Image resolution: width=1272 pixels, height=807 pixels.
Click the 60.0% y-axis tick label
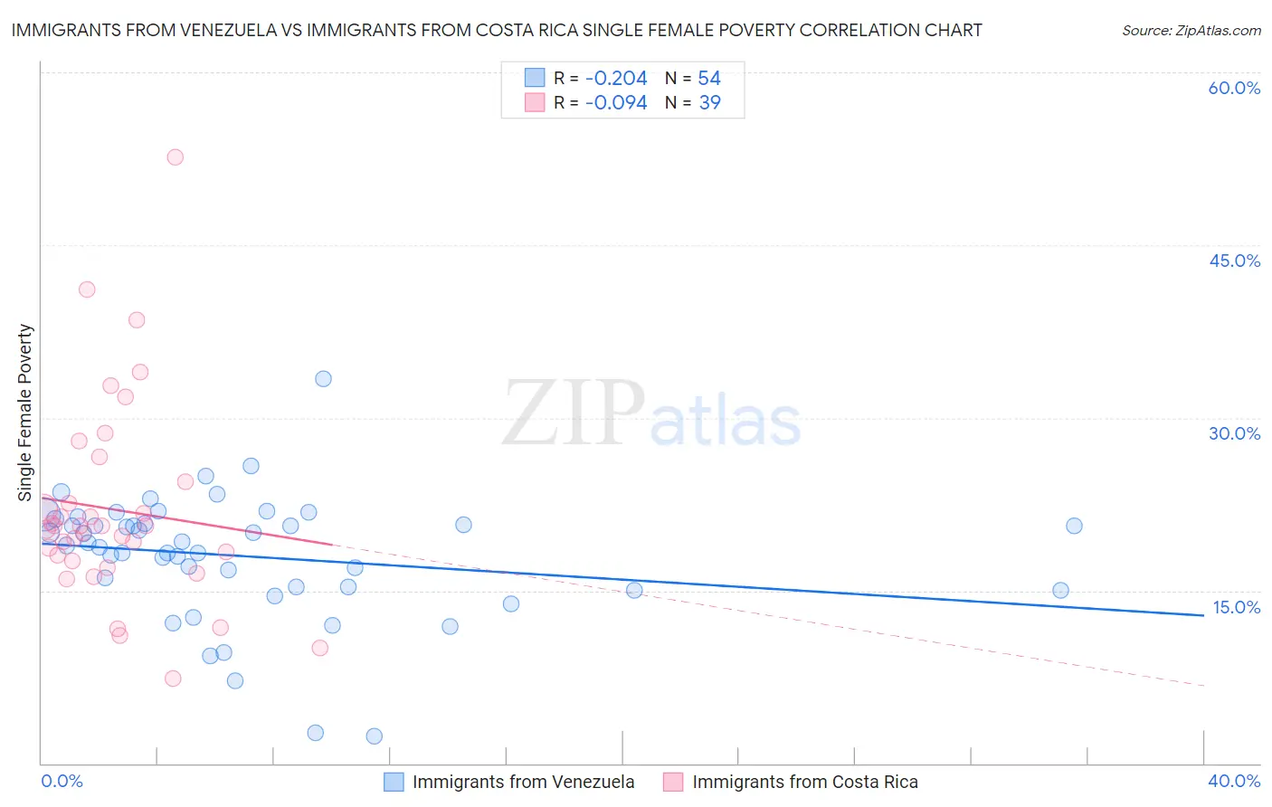(x=1234, y=88)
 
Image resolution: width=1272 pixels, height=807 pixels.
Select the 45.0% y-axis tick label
(x=1234, y=261)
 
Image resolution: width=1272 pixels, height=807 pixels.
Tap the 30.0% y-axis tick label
(x=1234, y=433)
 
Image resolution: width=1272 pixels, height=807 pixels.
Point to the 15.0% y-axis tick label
(x=1236, y=607)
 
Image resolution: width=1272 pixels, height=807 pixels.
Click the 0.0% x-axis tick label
(x=62, y=781)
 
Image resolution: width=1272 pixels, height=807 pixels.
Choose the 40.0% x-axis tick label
(x=1234, y=781)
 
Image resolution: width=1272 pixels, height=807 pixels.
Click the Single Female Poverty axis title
(x=25, y=413)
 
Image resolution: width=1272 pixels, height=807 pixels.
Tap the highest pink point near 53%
(x=176, y=157)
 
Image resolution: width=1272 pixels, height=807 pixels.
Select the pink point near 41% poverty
(x=87, y=290)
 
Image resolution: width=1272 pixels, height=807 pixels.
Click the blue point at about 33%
(x=323, y=379)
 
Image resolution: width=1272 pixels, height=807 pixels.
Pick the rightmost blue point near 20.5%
(x=1074, y=526)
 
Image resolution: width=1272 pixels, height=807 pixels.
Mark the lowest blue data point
(x=375, y=736)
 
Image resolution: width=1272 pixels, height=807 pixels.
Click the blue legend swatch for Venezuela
(x=394, y=782)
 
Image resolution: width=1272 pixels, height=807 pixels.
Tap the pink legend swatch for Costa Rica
(x=673, y=782)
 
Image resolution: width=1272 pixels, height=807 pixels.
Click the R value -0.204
(x=616, y=79)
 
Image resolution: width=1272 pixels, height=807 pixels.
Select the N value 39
(x=710, y=103)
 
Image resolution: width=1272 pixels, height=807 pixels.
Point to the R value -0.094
(x=616, y=103)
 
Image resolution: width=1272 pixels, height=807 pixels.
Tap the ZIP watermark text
(x=574, y=414)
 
